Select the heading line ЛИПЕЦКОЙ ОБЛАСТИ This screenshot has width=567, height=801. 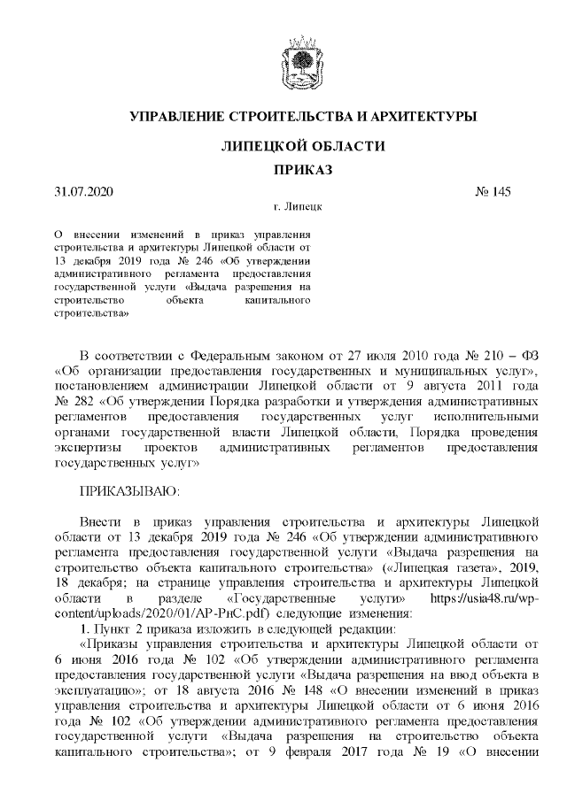(x=302, y=145)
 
